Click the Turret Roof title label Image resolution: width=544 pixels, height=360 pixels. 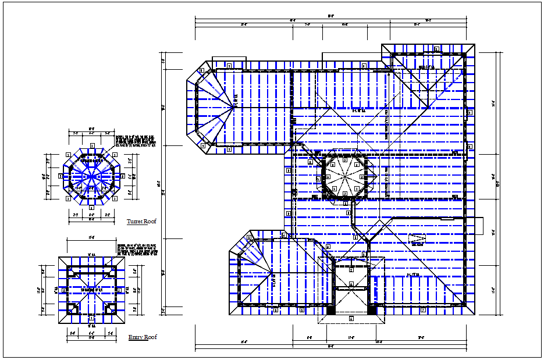click(141, 222)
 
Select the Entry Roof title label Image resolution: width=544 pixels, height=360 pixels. click(143, 337)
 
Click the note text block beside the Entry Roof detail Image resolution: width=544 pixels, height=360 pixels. click(137, 250)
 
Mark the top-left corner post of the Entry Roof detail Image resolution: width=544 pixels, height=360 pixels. click(72, 271)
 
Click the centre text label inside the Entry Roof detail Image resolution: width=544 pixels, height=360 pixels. click(91, 289)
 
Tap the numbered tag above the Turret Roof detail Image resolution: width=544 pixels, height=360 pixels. click(91, 145)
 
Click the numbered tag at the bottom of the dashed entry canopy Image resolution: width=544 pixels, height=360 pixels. click(351, 319)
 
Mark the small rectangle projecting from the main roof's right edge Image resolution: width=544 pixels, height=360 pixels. click(475, 225)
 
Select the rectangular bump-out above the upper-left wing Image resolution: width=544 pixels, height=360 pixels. click(230, 63)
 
